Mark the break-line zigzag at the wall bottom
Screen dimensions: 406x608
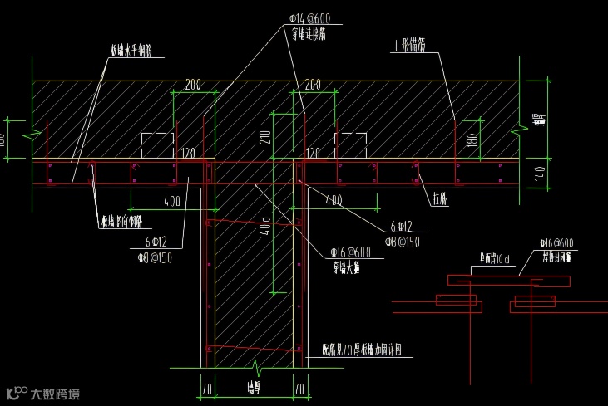tap(255, 364)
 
